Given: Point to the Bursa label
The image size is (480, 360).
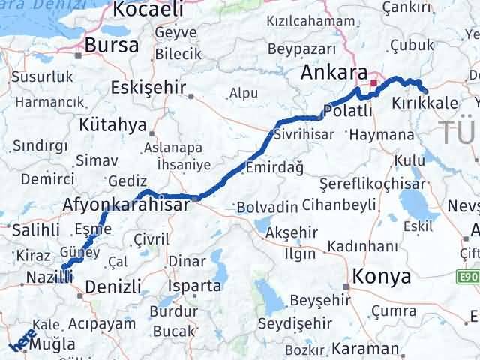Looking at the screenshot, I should coord(111,45).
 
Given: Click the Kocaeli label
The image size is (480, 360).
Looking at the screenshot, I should coord(148,9).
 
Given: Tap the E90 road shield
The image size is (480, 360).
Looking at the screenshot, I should coord(468,256).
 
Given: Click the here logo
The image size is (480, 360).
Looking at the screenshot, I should coord(22,342).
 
